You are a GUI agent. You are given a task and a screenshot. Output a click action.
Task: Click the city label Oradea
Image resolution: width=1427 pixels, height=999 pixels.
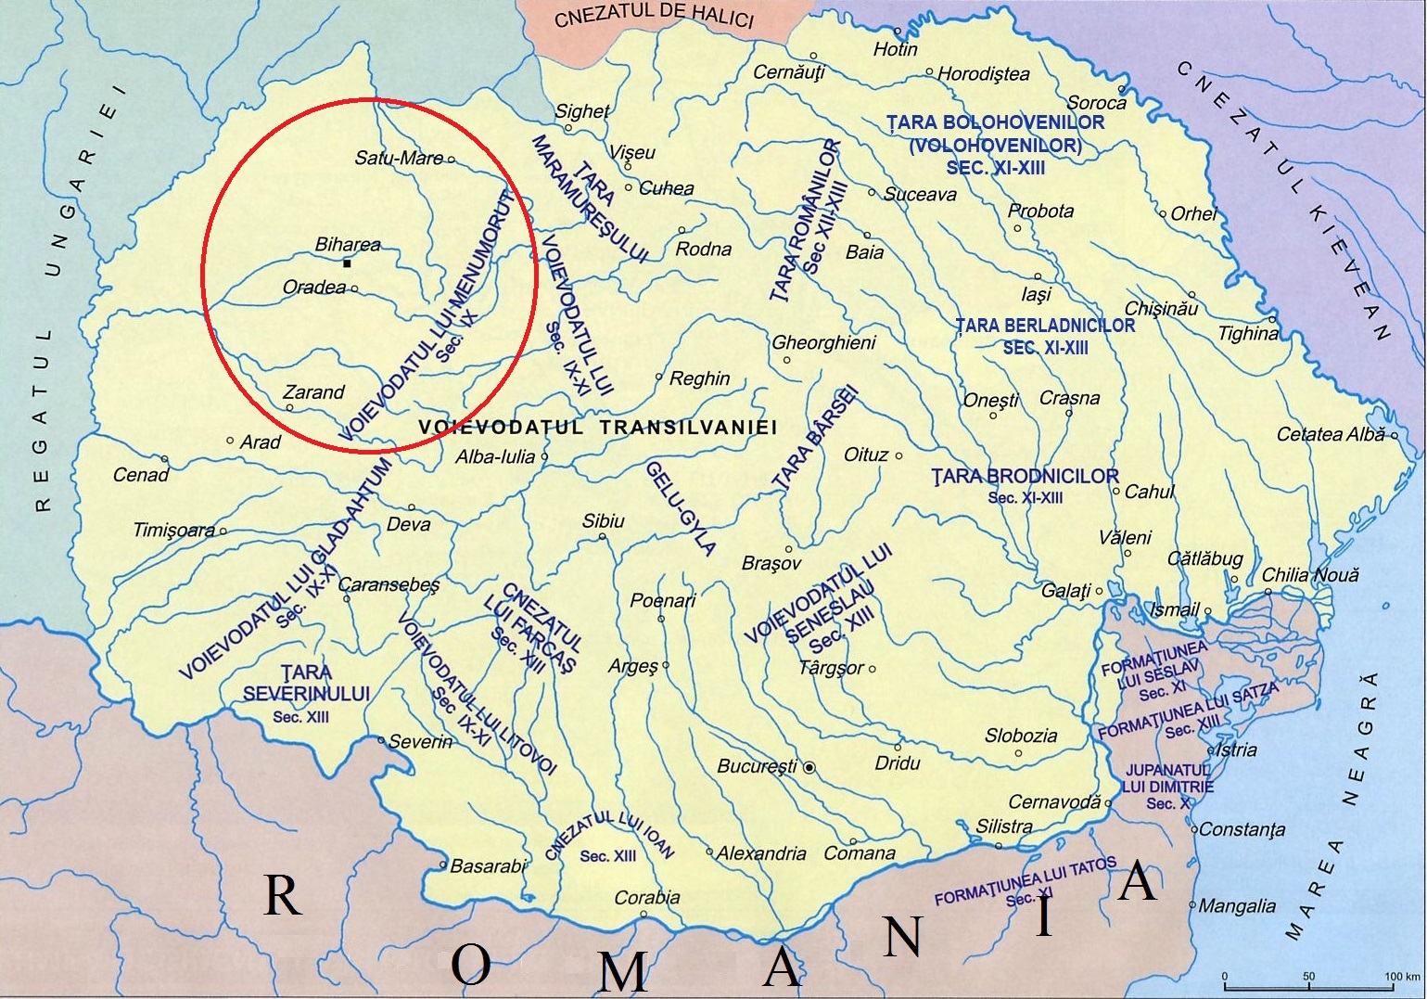tap(314, 288)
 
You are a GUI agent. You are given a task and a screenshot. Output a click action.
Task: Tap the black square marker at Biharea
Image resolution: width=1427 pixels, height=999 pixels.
tap(347, 263)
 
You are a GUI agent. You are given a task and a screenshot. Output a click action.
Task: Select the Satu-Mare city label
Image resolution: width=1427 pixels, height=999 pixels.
tap(399, 158)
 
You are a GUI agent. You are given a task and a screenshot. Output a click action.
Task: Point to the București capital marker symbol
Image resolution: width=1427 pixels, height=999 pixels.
tap(809, 768)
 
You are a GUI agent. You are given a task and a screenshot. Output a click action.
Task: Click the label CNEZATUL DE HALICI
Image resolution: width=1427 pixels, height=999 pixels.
tap(654, 16)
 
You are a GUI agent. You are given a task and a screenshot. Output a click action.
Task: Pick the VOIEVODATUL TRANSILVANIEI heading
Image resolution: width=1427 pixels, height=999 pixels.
tap(598, 427)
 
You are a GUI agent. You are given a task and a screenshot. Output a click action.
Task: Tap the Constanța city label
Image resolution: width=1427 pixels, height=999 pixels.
tap(1242, 829)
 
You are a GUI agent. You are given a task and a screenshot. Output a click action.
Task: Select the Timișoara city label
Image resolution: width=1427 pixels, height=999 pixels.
tap(174, 531)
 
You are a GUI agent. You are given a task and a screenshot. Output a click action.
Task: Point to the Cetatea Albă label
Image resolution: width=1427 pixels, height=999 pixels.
tap(1331, 434)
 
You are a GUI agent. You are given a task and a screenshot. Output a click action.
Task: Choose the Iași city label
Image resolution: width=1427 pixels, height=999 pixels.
tap(1036, 294)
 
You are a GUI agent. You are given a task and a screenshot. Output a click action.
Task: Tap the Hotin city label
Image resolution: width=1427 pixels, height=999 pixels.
tap(895, 49)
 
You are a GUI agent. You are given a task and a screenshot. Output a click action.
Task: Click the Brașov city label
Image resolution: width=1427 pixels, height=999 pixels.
tap(771, 563)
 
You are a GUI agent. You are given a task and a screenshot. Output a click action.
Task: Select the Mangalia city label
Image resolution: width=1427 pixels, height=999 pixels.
tap(1237, 905)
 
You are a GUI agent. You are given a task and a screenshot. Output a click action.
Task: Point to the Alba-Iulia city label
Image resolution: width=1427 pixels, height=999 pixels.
tap(495, 456)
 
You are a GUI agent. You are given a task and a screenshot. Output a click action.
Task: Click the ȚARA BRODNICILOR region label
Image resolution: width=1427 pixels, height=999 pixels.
tap(1025, 477)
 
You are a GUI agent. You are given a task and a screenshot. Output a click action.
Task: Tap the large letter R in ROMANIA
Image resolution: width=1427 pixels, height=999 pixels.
tap(283, 895)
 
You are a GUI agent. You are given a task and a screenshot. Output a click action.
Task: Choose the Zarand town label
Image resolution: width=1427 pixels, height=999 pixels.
tap(313, 392)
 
